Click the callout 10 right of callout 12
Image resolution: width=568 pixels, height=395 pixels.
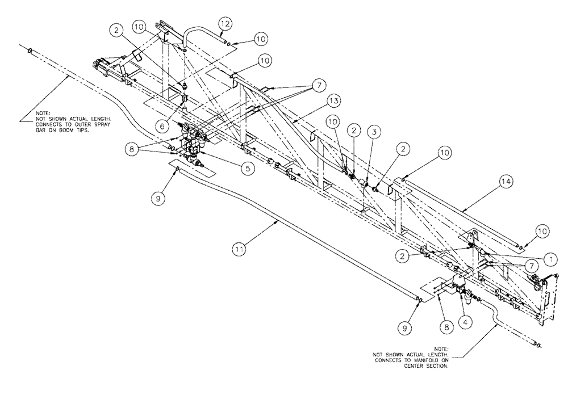pos(260,39)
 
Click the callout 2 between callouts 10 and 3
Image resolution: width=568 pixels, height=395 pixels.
pos(353,130)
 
